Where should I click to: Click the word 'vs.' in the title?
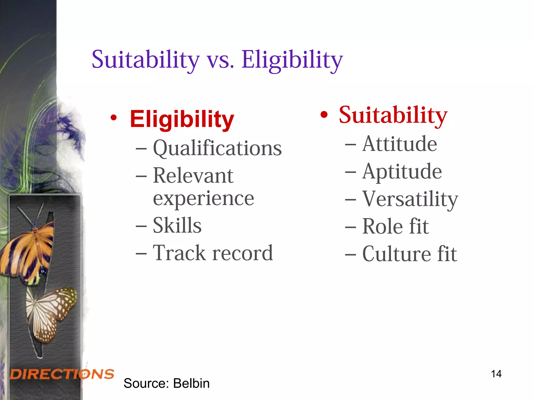pos(220,60)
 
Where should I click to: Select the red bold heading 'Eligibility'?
pos(182,119)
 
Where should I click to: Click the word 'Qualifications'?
pos(217,148)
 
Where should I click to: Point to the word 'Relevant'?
pos(193,176)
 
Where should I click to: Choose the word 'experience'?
pos(203,198)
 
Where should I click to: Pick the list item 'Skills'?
pos(177,226)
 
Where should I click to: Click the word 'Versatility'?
pos(410,199)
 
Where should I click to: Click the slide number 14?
pos(496,374)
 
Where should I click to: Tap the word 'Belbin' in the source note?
pos(191,383)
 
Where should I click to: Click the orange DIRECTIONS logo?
pos(62,374)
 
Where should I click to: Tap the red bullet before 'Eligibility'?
pos(113,118)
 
